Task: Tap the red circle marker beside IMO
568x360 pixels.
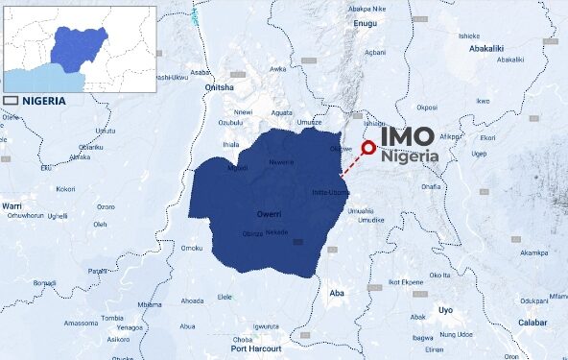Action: pos(368,148)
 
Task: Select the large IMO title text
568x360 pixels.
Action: pos(408,137)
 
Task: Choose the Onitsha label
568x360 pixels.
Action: pos(220,87)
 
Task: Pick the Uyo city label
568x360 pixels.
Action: pos(445,310)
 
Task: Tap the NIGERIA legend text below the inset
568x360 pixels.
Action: pos(45,100)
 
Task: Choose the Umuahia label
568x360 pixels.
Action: pos(361,210)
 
